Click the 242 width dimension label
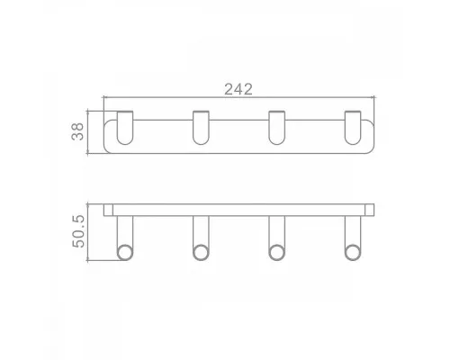coord(238,89)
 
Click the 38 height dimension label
coord(77,131)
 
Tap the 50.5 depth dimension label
coord(79,231)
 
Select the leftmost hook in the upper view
coord(125,128)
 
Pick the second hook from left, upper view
coord(201,128)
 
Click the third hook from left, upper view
coord(276,128)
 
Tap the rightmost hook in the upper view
coord(353,128)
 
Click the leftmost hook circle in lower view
coord(125,252)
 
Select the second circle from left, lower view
coord(201,252)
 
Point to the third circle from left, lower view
coord(276,252)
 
